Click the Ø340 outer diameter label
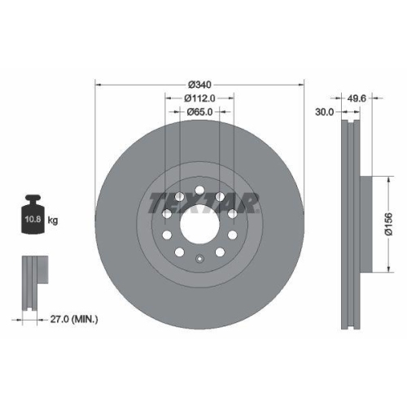click(199, 84)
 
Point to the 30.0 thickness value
click(324, 112)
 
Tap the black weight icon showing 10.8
click(33, 217)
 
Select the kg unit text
click(53, 221)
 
